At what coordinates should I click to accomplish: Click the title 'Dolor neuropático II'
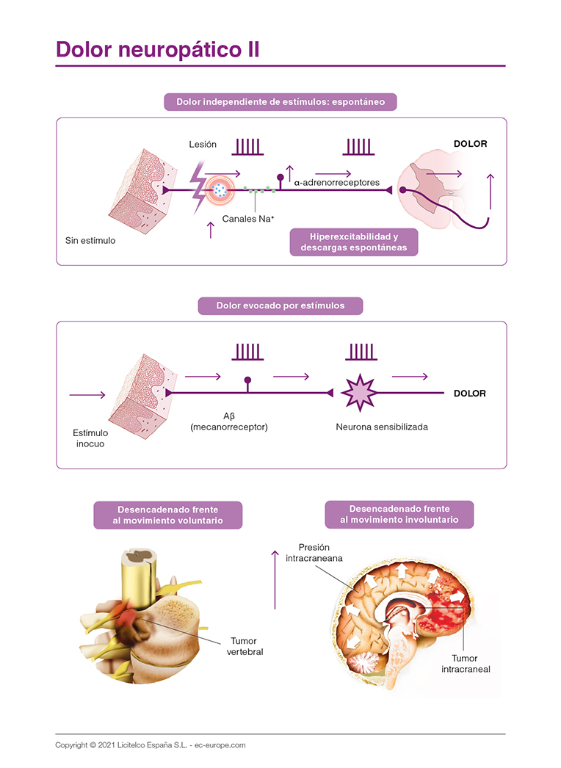tap(157, 49)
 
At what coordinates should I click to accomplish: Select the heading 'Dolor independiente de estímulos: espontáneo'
tap(280, 101)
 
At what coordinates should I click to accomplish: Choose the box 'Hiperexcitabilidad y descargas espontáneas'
tap(353, 242)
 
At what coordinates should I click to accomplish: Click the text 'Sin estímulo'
tap(90, 240)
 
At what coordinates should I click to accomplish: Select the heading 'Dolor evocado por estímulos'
tap(280, 305)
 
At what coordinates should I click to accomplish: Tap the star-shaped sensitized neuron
tap(359, 394)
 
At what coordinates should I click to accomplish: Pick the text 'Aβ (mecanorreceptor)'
tap(228, 421)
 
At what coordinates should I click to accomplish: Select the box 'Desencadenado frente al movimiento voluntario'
tap(168, 515)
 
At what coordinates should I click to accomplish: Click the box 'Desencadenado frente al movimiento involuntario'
tap(399, 514)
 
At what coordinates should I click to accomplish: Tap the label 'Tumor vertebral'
tap(245, 646)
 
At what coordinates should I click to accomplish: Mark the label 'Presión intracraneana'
tap(314, 552)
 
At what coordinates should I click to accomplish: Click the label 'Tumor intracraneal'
tap(466, 664)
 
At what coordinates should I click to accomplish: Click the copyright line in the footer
tap(150, 745)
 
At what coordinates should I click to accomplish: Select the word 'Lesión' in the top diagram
tap(203, 144)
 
